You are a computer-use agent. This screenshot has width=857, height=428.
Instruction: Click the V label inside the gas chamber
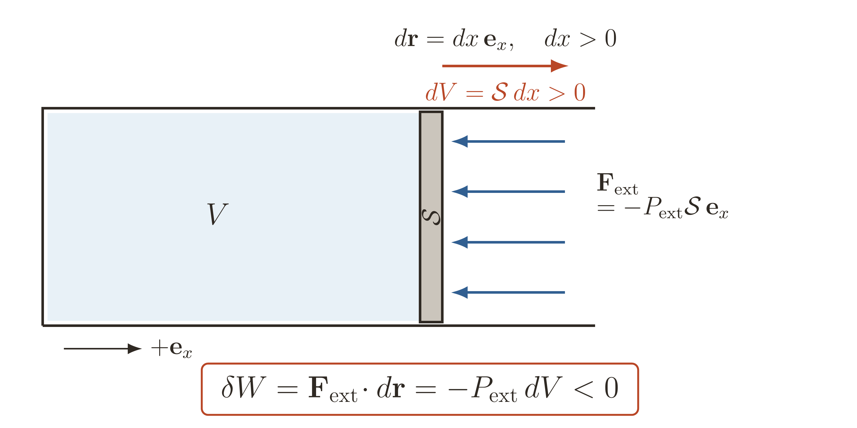point(218,214)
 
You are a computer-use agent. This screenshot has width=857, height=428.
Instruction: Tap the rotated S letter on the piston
point(431,217)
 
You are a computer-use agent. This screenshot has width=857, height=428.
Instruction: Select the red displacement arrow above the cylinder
point(505,66)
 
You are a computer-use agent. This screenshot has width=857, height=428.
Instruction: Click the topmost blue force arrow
point(508,141)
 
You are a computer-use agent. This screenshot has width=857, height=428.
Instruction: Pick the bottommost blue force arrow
point(508,292)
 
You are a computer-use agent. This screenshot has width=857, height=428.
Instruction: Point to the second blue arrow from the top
point(508,192)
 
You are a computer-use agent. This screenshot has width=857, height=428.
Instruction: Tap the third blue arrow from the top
point(508,242)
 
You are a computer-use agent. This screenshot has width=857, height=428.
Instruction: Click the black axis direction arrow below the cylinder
point(103,349)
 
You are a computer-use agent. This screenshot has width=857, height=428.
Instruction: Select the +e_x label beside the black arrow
point(171,349)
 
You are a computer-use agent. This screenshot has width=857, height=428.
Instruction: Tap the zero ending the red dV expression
point(580,92)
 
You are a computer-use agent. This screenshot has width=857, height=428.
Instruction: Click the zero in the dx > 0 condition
point(611,39)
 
